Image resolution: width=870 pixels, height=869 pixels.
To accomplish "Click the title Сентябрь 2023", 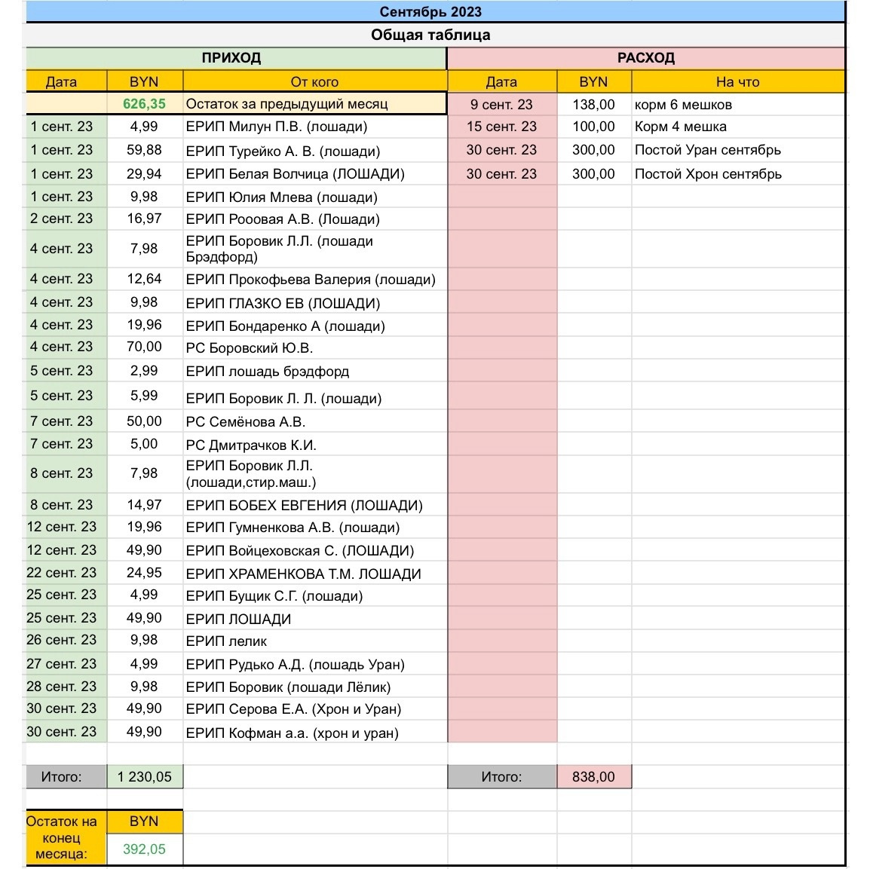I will pos(430,11).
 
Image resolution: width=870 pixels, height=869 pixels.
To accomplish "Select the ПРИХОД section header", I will pos(231,58).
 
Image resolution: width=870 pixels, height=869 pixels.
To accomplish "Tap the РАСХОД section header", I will pos(645,58).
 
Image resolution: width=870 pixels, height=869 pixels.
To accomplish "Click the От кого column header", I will pos(314,82).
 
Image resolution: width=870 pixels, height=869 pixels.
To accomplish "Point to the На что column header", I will pos(737,82).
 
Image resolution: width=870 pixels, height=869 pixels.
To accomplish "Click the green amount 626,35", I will pos(144,104).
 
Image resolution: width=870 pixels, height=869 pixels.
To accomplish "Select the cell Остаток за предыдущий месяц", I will pos(286,104).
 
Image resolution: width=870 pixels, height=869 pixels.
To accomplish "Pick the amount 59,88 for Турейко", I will pos(144,150).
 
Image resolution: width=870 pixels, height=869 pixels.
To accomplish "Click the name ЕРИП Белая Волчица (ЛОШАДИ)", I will pos(295,174).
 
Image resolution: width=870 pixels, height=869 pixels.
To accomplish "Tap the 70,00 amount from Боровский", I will pos(144,347).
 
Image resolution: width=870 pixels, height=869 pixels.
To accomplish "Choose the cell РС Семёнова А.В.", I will pos(245,422).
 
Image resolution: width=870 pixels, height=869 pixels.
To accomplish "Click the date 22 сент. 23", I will pos(62,573).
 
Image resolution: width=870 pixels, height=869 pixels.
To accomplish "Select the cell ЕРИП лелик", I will pos(226,641).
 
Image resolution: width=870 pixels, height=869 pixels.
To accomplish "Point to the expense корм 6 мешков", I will pos(683,105).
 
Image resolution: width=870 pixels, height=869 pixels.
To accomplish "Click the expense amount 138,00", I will pos(593,105).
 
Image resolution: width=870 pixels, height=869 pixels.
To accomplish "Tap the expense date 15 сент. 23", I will pos(501,127).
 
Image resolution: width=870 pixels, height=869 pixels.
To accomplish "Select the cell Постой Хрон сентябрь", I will pos(708,174).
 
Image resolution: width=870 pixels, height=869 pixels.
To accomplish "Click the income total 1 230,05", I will pos(144,777).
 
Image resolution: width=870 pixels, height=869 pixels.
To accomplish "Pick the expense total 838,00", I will pos(593,777).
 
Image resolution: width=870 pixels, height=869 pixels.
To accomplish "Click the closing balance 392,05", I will pos(144,849).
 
